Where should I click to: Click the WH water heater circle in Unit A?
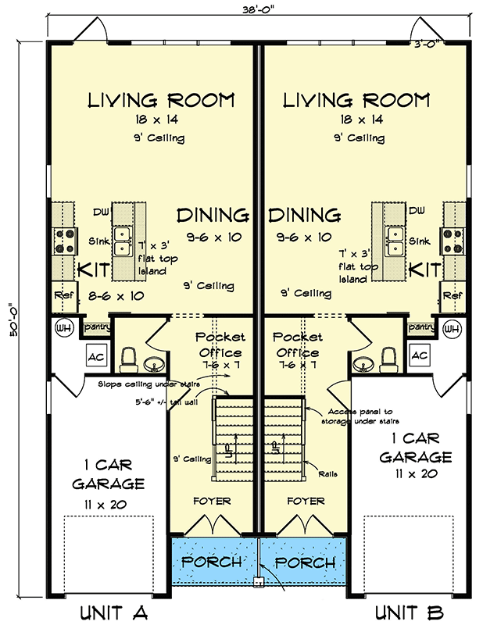[x=63, y=328]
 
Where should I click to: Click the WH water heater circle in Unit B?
[x=452, y=328]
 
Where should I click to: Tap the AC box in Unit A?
[x=97, y=355]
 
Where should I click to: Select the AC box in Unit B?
[x=419, y=355]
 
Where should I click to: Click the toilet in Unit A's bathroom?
[x=130, y=359]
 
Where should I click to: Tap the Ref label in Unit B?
[x=453, y=296]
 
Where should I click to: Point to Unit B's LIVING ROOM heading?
[x=356, y=101]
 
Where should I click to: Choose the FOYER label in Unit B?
[x=306, y=500]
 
